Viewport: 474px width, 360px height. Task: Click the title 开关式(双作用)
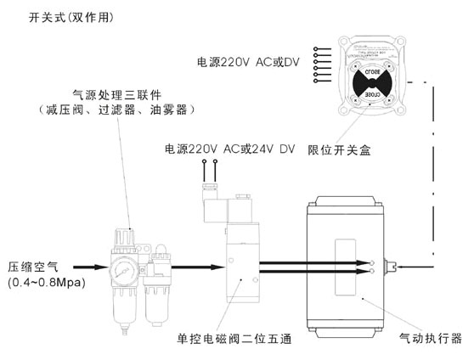[x=59, y=17]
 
